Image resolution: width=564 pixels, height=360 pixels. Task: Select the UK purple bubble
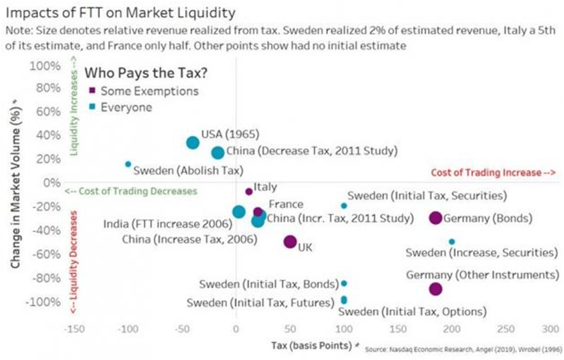[290, 242]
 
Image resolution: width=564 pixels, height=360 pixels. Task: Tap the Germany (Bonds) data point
[435, 217]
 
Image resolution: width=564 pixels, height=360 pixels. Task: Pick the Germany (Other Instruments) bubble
[436, 289]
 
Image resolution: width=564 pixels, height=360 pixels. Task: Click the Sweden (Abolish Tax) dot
[128, 164]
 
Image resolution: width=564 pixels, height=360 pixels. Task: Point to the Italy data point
[249, 192]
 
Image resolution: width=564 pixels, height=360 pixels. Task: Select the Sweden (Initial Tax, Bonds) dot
[344, 283]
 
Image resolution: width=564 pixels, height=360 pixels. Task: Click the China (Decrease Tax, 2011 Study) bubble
[218, 152]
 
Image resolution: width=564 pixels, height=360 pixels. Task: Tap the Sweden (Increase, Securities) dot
[452, 242]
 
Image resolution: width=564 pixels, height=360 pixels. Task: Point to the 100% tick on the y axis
[45, 65]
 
